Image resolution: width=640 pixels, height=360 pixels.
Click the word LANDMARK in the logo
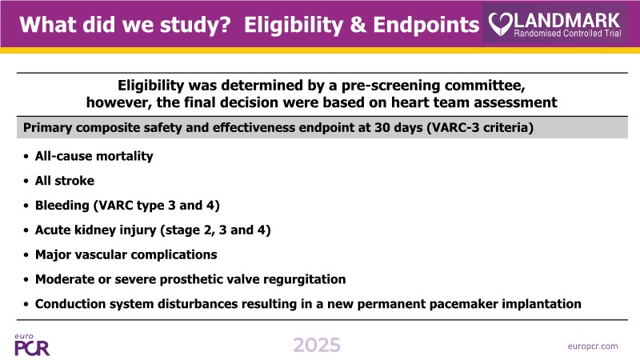point(567,21)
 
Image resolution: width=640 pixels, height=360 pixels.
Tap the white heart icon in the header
point(501,24)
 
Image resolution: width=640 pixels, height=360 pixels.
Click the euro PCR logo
point(32,345)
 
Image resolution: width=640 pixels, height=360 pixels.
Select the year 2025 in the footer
point(317,346)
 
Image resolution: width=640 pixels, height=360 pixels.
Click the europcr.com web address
point(593,346)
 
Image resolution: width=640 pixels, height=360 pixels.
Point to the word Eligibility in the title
point(294,25)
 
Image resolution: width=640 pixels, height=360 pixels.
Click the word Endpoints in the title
point(426,25)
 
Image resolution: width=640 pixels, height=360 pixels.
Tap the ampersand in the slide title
point(358,25)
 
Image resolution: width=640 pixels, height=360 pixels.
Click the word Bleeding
point(62,206)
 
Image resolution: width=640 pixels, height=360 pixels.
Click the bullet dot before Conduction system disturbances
point(26,305)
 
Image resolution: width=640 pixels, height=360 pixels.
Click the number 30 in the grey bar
point(382,128)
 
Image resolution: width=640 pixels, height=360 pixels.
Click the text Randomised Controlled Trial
point(567,34)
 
